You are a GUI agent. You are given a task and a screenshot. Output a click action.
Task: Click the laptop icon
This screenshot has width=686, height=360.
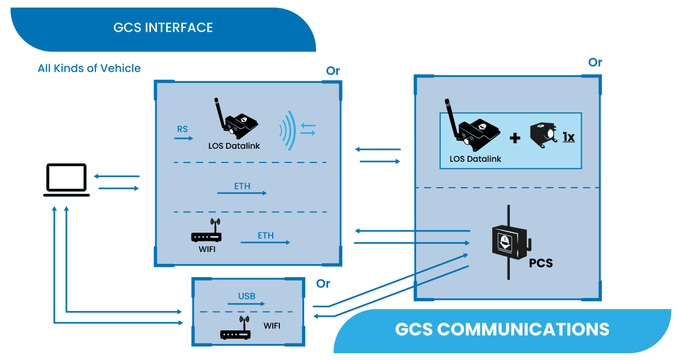tap(67, 179)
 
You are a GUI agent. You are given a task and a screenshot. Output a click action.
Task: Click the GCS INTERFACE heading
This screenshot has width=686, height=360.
tap(163, 27)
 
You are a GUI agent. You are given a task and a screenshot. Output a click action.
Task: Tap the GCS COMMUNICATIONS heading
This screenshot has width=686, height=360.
tap(502, 329)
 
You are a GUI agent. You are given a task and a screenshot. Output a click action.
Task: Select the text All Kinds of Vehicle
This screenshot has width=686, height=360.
tap(89, 69)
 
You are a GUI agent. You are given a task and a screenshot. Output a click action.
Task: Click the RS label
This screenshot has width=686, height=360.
tap(182, 130)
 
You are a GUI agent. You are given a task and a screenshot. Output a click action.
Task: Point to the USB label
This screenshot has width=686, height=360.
tap(247, 296)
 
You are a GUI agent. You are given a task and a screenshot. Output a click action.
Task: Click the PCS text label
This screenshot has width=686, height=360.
tap(541, 263)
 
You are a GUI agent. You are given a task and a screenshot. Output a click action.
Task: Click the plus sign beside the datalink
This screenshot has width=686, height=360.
tap(515, 138)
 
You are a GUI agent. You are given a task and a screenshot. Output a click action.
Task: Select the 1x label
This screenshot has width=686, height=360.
tap(568, 137)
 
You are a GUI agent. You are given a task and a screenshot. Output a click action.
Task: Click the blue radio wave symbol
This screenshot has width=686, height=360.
tap(289, 130)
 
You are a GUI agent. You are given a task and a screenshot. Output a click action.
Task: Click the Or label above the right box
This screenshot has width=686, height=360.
tap(595, 63)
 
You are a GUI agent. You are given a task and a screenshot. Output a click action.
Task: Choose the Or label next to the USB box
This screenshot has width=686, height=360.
tap(323, 284)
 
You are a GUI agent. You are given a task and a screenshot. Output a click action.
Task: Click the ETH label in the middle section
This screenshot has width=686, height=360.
tap(242, 186)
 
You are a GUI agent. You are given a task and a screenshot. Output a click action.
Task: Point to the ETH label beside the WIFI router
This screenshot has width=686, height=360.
tap(266, 236)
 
